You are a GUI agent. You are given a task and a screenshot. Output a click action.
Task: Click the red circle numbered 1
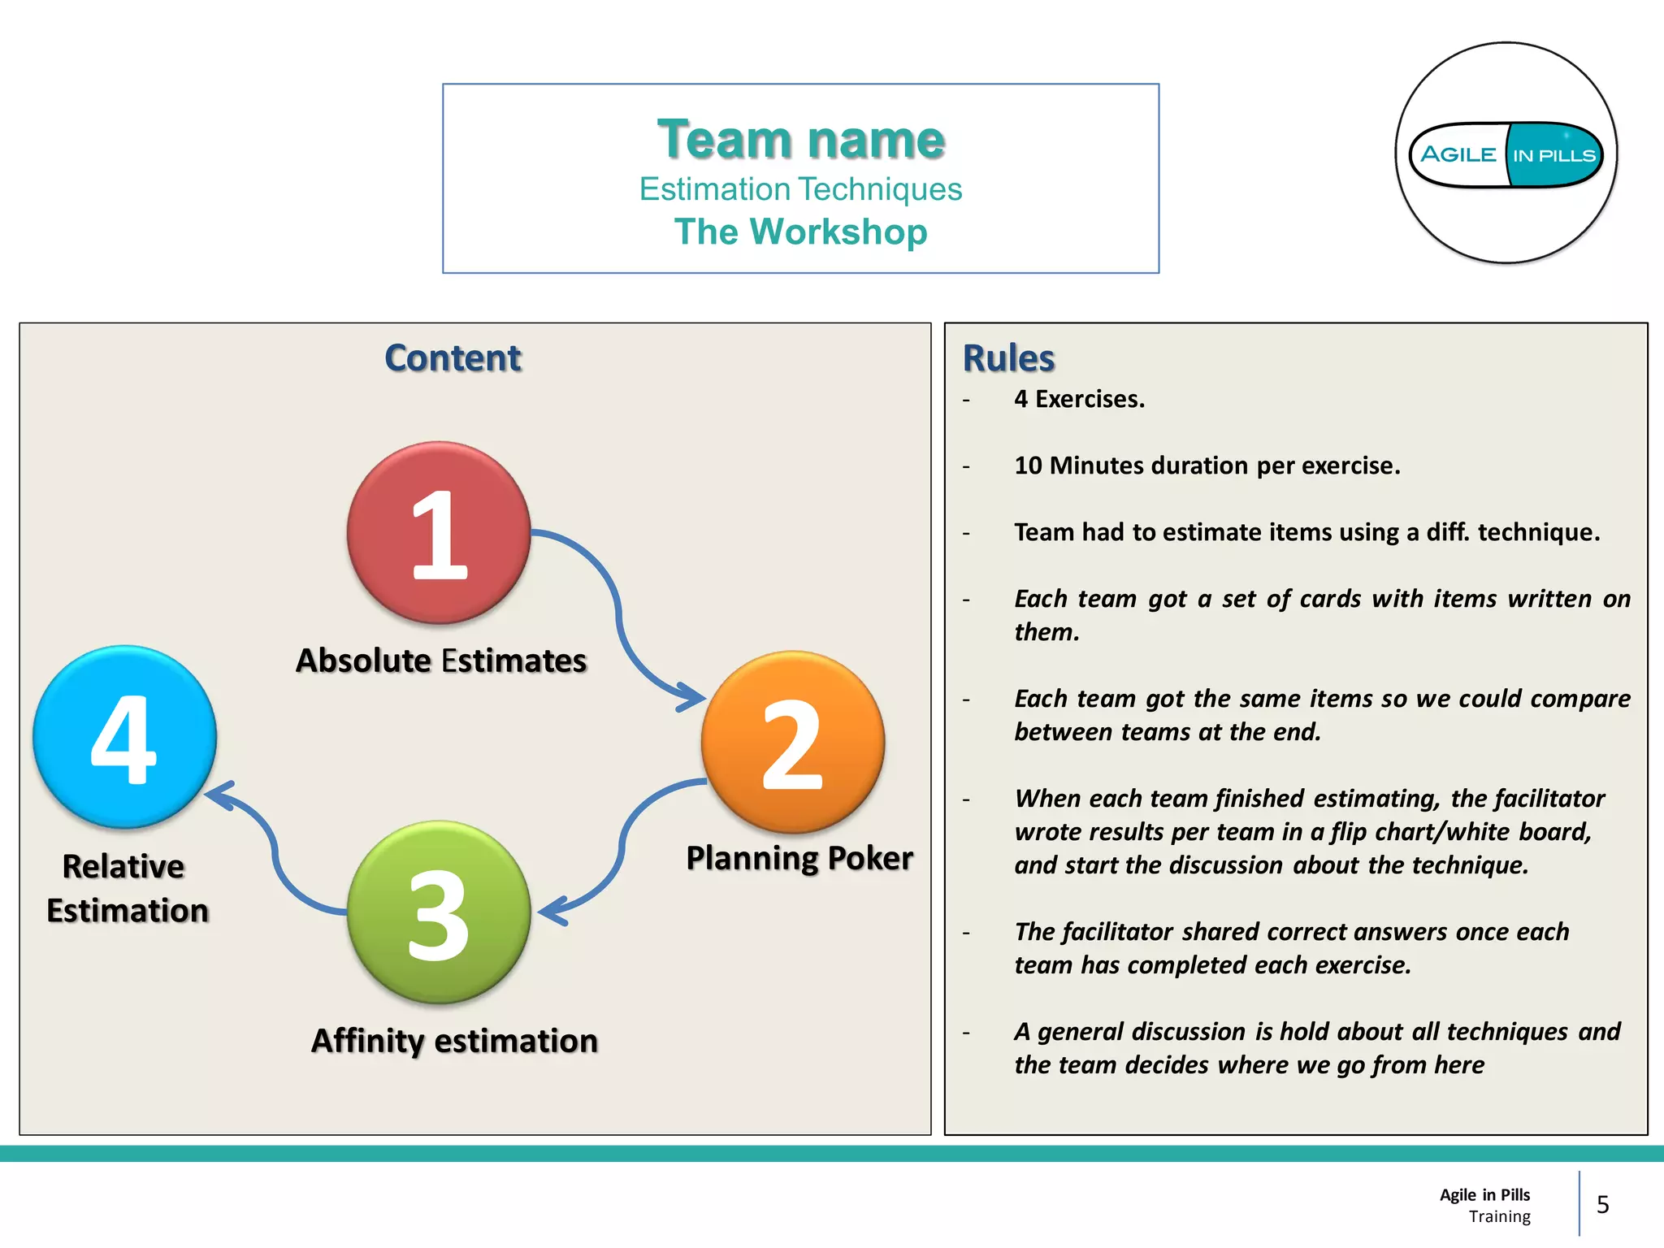pos(439,533)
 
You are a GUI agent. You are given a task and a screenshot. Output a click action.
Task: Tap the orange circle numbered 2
pos(793,743)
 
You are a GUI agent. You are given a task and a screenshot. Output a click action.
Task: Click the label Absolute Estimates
pos(441,661)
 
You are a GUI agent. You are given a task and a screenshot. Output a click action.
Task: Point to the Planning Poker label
pos(799,858)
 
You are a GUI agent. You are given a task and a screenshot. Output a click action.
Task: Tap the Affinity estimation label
pos(455,1041)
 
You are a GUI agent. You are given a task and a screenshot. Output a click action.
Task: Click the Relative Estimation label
pos(127,889)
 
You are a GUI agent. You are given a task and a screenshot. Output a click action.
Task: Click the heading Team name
pos(801,139)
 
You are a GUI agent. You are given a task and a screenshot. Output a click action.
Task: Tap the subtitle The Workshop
pos(801,232)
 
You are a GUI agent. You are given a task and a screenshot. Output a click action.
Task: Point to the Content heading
pos(453,358)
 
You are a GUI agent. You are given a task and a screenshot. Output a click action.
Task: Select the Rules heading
pos(1008,358)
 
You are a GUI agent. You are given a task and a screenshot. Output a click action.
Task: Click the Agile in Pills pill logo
pos(1506,154)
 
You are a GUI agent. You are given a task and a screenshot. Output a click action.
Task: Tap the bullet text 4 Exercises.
pos(1079,399)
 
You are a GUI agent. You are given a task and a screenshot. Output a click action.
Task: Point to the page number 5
pos(1602,1204)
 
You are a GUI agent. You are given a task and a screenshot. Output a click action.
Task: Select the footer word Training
pos(1499,1216)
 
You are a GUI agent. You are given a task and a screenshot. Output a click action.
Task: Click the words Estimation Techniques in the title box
pos(801,189)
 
